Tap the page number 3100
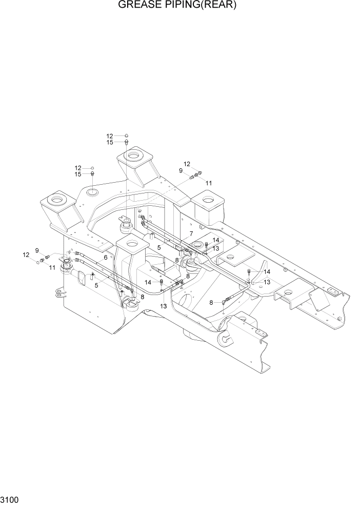[11, 500]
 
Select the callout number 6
[105, 258]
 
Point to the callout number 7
[191, 234]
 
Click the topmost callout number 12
[109, 136]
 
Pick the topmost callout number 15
[109, 143]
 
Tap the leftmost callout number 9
[36, 250]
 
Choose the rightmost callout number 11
[209, 183]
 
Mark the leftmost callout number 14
[147, 282]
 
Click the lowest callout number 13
[163, 306]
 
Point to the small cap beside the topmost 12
[126, 136]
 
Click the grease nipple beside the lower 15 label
[92, 174]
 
